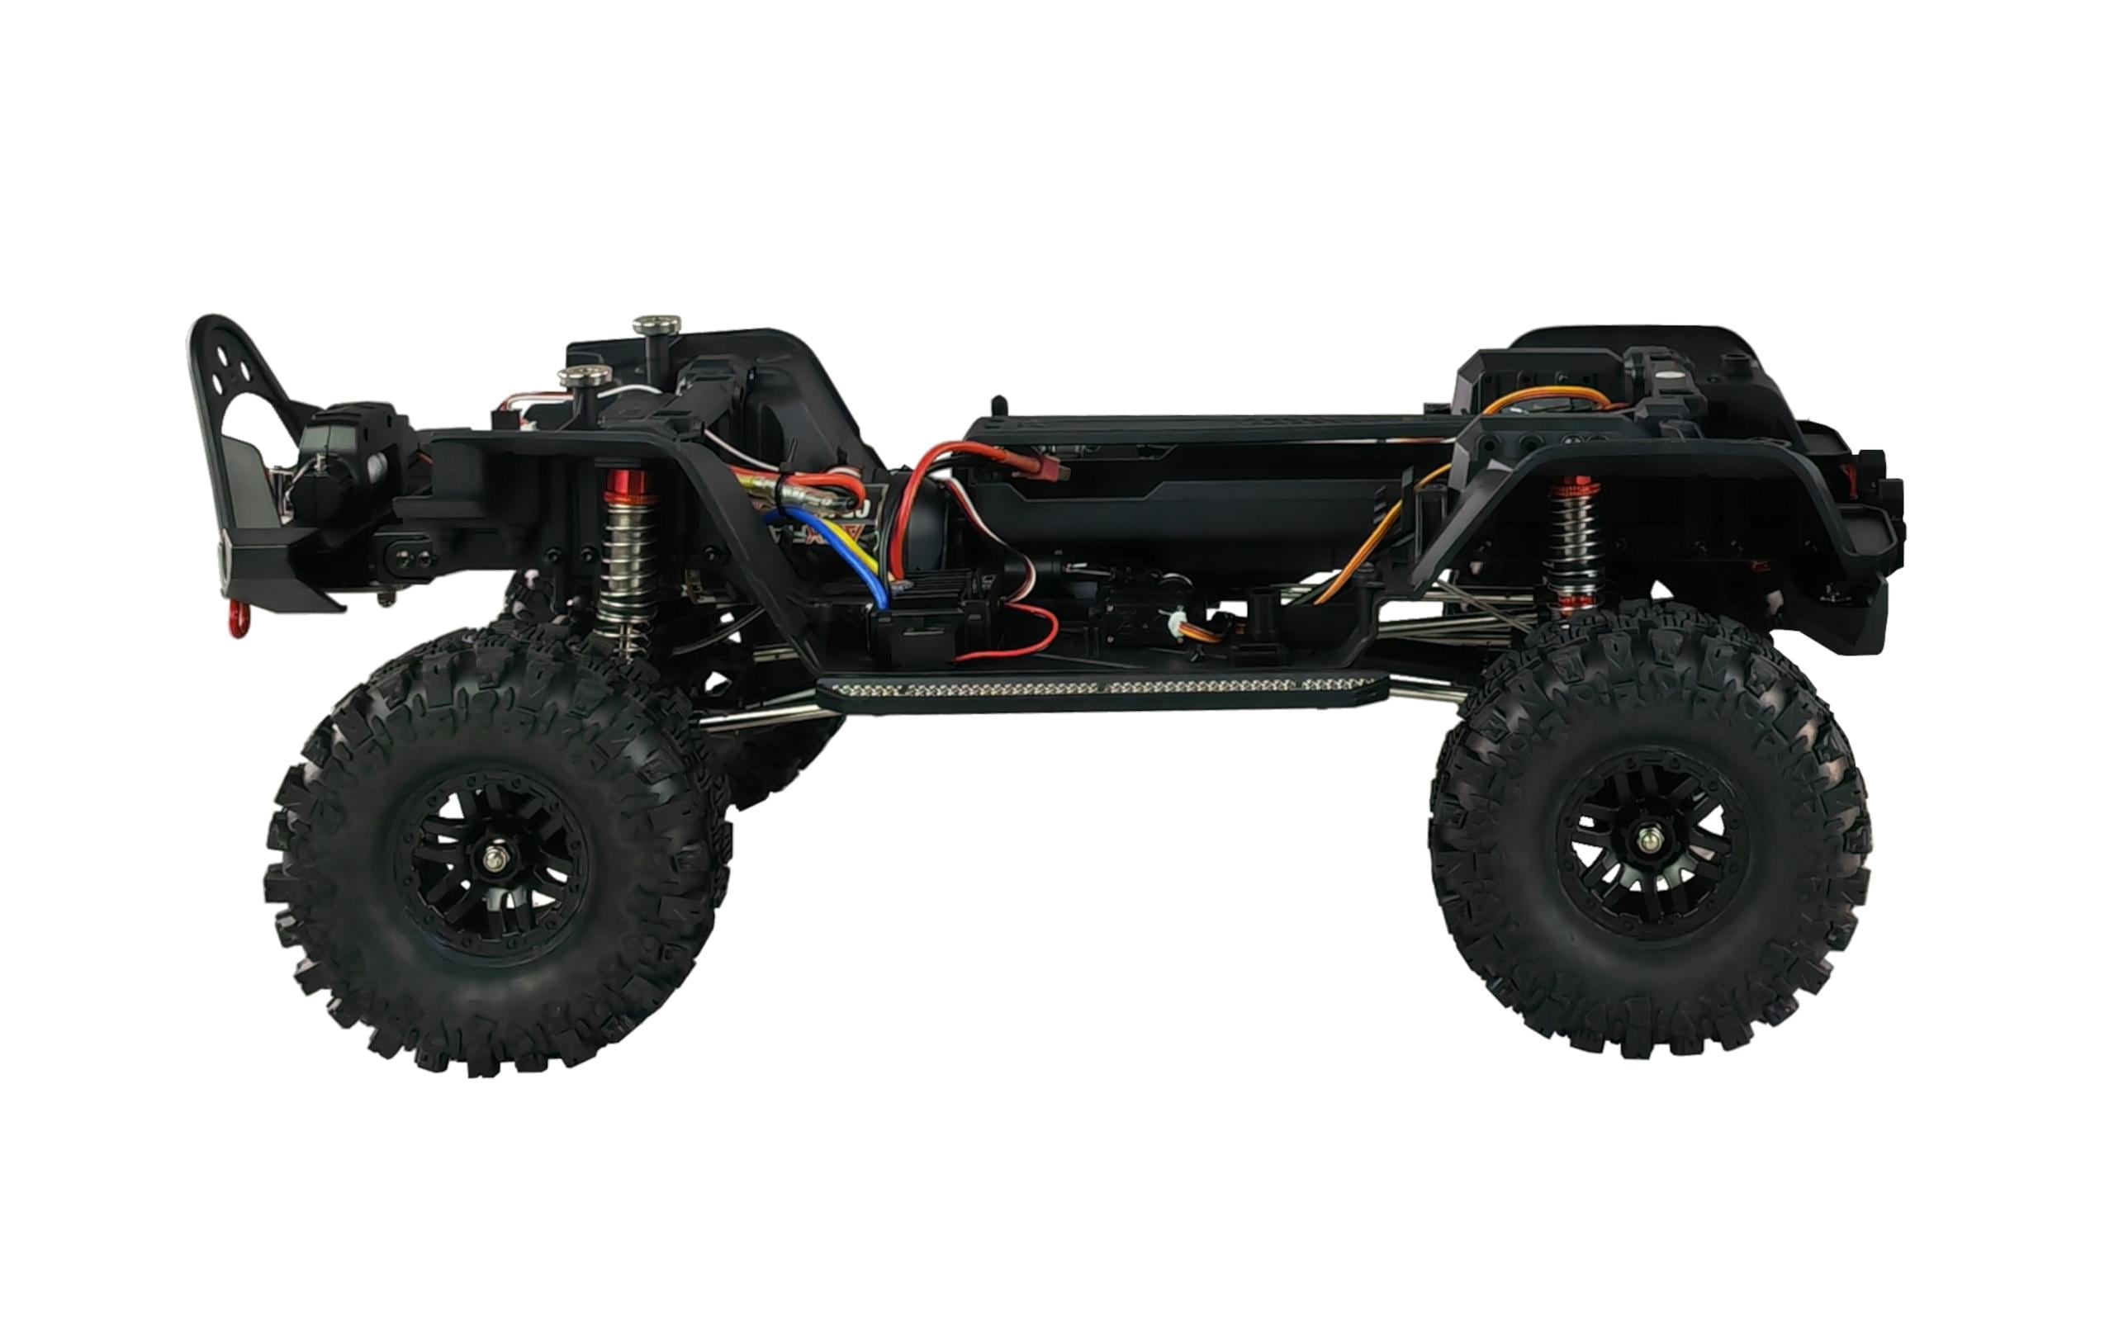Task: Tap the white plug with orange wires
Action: coord(1173,624)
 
